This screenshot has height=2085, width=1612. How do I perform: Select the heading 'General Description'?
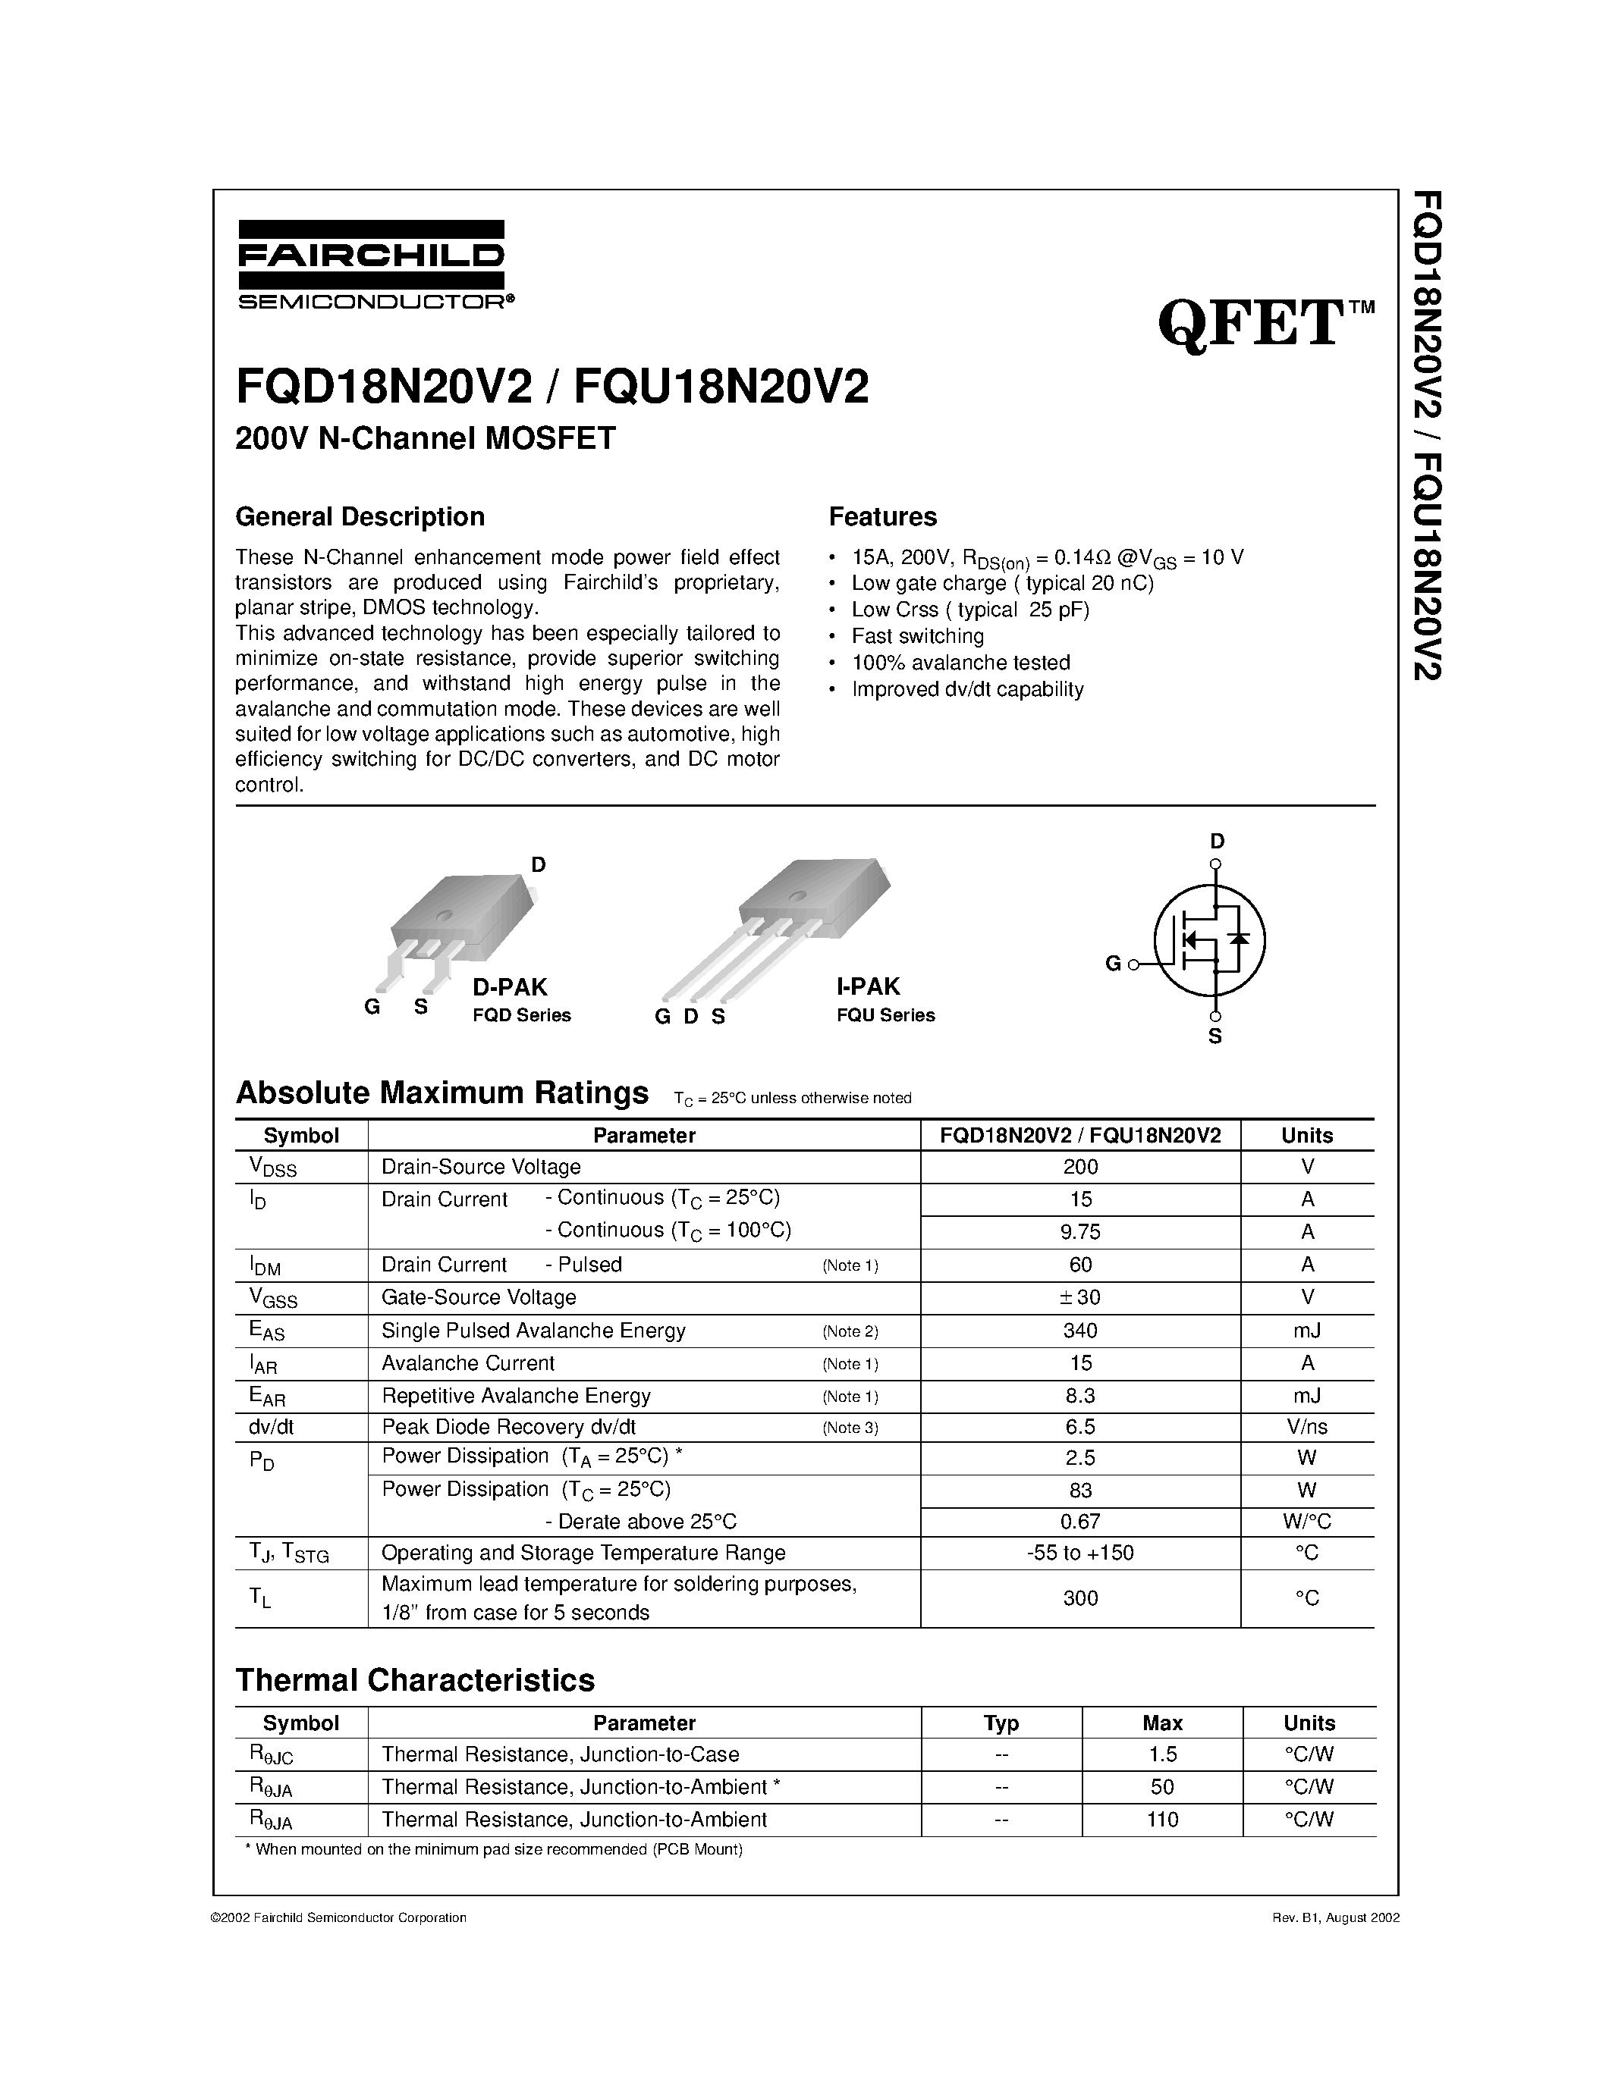[360, 516]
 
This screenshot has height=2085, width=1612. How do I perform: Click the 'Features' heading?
[882, 516]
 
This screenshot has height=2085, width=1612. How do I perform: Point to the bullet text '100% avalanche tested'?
[960, 663]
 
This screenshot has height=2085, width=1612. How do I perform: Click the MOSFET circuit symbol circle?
[1209, 939]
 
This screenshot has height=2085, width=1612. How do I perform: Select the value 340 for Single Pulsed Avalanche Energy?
[1080, 1330]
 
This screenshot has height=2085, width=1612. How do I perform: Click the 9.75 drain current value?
[1080, 1231]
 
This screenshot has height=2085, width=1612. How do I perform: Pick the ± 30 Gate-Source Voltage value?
[1080, 1296]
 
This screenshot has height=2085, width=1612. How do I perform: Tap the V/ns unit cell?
[1306, 1426]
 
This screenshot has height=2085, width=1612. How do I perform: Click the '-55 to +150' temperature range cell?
[1080, 1552]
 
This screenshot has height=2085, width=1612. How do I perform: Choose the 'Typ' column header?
[1001, 1723]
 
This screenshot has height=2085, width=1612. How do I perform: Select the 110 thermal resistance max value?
[1162, 1820]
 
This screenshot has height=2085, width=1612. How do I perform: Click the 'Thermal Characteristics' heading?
[416, 1679]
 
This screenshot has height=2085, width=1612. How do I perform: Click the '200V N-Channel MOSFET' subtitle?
[426, 438]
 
